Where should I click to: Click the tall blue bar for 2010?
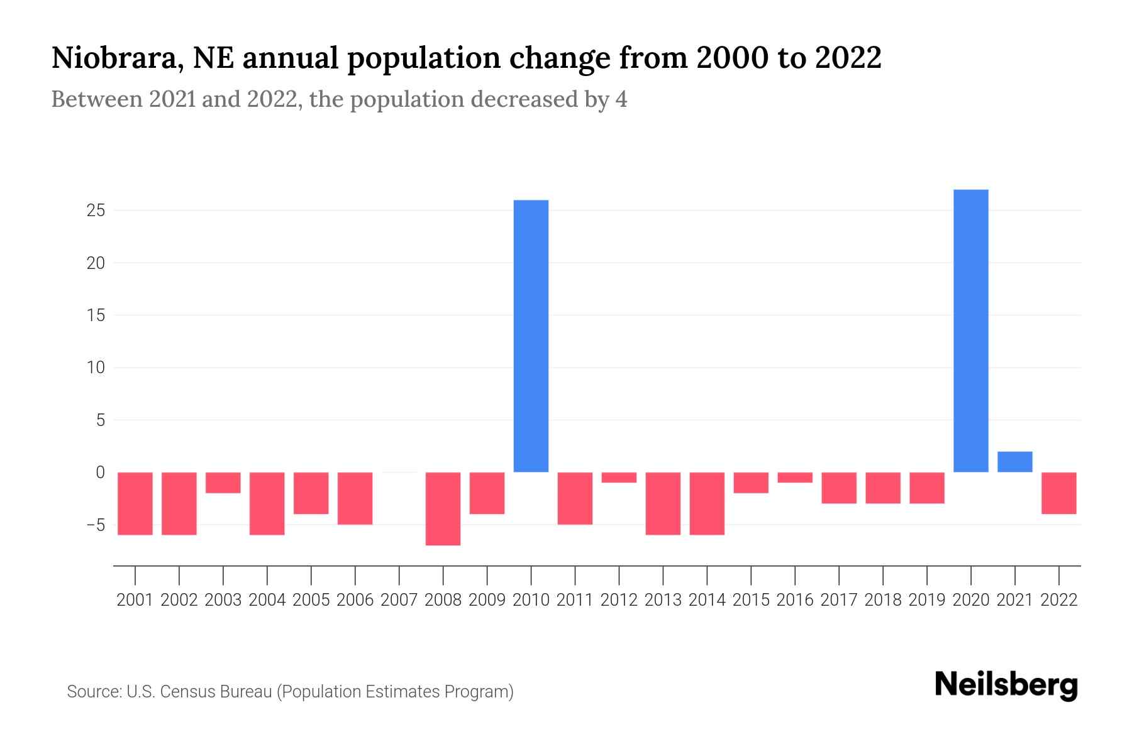(x=531, y=336)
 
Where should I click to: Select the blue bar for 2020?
(x=970, y=331)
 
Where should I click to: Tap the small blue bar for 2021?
(x=1014, y=462)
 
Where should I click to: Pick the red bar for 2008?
(x=443, y=508)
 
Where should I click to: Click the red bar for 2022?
(x=1058, y=493)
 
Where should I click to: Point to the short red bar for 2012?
(x=619, y=478)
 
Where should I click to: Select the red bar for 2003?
(x=223, y=483)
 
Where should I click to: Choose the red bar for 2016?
(x=795, y=478)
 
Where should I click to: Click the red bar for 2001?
(x=135, y=503)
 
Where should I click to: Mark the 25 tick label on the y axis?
(x=96, y=210)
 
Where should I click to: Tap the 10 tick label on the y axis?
(x=96, y=368)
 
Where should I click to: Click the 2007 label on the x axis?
(x=399, y=600)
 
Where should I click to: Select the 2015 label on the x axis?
(x=751, y=600)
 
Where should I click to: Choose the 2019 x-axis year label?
(x=926, y=600)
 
